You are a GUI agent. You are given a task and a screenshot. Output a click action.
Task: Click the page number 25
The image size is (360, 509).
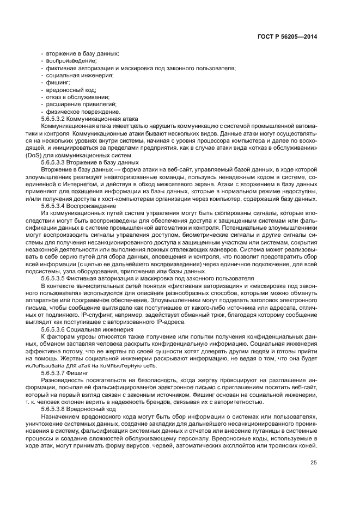pos(314,463)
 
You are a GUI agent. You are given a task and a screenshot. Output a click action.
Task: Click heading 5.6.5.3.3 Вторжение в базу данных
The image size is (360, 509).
pos(90,162)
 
